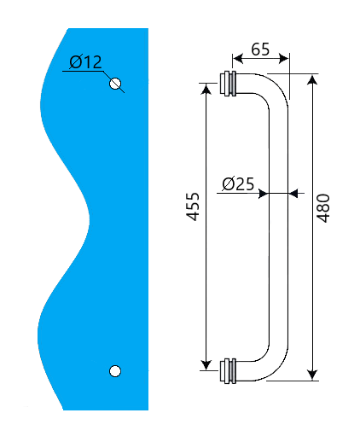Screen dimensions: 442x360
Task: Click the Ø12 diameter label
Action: click(85, 62)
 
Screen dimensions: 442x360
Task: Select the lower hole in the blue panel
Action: click(116, 370)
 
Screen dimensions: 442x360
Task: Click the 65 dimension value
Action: click(260, 49)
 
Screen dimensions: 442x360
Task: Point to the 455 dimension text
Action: click(194, 207)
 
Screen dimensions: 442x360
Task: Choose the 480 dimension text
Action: click(323, 207)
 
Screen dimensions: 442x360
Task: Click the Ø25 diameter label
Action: click(238, 183)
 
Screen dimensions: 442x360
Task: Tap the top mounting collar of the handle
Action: click(228, 84)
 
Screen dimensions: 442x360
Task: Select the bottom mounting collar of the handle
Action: click(228, 371)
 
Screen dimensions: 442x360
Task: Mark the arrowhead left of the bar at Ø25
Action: click(264, 193)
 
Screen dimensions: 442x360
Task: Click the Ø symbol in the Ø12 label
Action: click(75, 62)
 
